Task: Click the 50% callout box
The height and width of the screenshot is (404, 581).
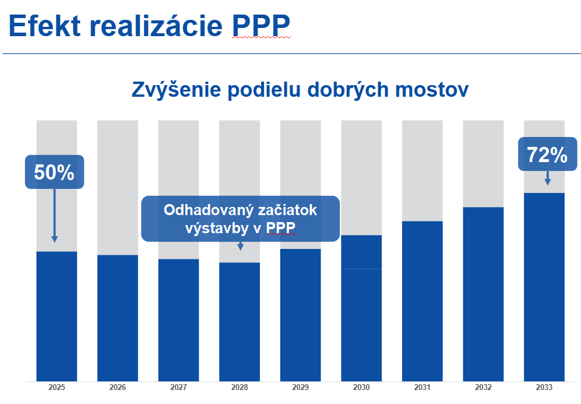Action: (x=54, y=172)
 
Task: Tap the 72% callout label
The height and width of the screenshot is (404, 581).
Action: (x=547, y=155)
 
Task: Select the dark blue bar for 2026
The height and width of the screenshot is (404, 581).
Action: (x=118, y=318)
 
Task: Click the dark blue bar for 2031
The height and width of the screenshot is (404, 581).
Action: (x=422, y=301)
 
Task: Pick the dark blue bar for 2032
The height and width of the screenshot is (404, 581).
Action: (x=483, y=294)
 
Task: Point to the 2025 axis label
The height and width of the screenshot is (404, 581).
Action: (x=57, y=388)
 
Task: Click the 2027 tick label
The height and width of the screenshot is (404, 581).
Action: (x=178, y=388)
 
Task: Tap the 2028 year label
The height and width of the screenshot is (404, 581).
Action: (x=240, y=388)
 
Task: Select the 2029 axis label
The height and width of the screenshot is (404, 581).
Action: (x=300, y=388)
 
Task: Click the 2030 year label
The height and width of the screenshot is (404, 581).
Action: (x=361, y=388)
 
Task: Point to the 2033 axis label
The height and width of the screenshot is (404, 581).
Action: (x=544, y=388)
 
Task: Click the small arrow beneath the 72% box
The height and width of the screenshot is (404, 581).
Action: (x=547, y=178)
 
